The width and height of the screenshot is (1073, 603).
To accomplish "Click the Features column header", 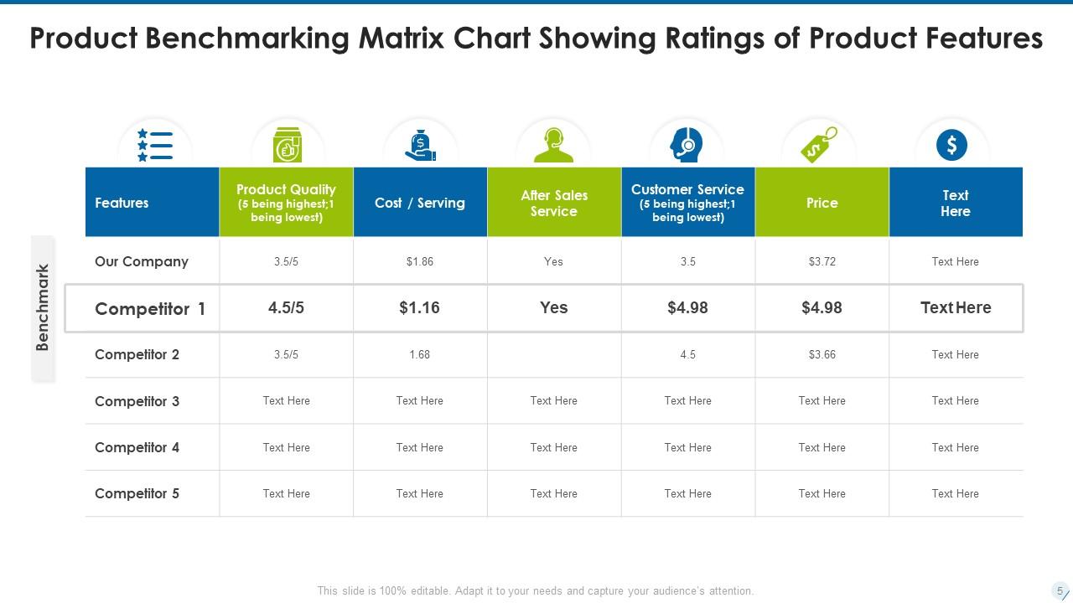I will (122, 203).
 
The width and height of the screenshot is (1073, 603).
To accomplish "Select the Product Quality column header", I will (286, 203).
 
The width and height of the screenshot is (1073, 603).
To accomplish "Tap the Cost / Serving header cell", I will (419, 203).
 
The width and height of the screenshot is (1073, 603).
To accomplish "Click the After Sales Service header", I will (554, 203).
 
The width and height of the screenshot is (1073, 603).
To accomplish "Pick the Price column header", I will (822, 203).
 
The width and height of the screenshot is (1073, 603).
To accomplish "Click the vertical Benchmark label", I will (44, 307).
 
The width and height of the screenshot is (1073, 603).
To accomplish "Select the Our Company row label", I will (142, 261).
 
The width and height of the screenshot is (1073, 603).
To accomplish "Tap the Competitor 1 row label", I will (150, 308).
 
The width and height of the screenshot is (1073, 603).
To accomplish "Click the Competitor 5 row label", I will (137, 493).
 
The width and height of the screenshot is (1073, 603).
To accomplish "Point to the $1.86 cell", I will (419, 261).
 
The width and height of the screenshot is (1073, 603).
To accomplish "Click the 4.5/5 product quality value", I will (286, 307).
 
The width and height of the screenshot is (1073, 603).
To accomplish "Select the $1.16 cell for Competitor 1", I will (419, 307).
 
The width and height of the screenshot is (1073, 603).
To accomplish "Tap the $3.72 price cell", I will (822, 261).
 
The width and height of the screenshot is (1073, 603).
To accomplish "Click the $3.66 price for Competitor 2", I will (822, 354).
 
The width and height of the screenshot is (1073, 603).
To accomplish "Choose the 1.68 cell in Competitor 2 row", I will (419, 354).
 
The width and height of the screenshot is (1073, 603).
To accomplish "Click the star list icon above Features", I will (155, 146).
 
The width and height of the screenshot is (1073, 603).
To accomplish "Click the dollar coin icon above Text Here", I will (951, 146).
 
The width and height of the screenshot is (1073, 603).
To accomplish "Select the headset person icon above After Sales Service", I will (553, 145).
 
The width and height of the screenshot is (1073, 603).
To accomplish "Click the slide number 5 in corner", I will (1060, 590).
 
